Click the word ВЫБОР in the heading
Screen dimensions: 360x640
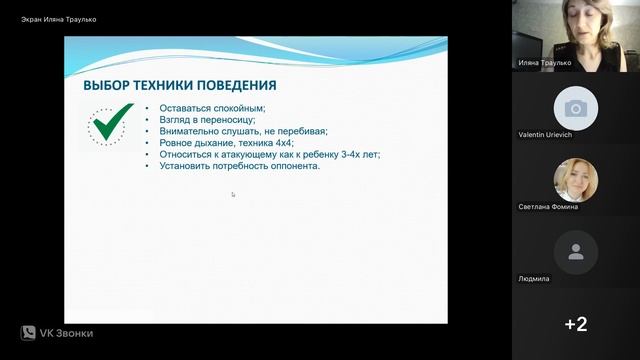tap(108, 86)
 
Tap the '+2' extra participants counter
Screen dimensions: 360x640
tap(575, 324)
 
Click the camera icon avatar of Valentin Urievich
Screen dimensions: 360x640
tap(575, 108)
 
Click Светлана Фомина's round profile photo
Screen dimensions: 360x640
tap(575, 180)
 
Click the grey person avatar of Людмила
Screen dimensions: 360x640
tap(575, 252)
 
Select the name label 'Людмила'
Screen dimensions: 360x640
tap(534, 279)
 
